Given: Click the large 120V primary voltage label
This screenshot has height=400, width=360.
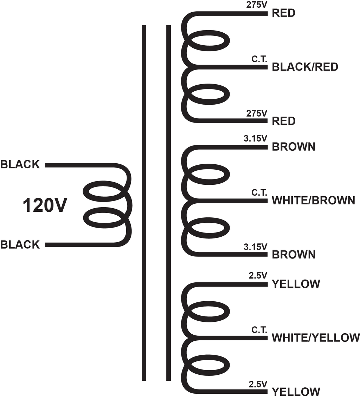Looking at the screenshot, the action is [x=45, y=205].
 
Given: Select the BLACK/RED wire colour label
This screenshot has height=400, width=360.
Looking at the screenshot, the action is [x=305, y=67].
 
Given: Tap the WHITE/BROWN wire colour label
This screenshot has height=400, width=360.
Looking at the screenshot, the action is [x=313, y=201].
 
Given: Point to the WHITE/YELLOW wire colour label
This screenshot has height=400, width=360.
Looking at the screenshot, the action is [x=316, y=337].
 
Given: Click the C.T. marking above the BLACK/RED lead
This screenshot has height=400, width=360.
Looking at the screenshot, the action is [x=259, y=59].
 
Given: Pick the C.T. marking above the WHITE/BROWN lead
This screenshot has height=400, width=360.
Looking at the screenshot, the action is [x=259, y=192].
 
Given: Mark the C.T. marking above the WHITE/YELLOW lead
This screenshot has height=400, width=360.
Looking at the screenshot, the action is [x=259, y=330].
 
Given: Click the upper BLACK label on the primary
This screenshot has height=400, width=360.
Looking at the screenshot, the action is [x=20, y=165].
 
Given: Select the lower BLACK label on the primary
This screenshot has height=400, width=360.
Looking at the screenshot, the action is [x=20, y=245].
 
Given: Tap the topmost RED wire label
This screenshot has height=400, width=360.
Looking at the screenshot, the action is [x=283, y=13].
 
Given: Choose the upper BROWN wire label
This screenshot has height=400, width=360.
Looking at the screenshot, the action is [x=294, y=147].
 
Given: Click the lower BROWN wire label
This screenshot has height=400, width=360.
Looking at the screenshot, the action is [x=294, y=255].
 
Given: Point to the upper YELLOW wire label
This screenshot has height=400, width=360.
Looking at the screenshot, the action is [x=296, y=284].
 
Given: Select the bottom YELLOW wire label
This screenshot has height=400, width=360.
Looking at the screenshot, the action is [x=296, y=392].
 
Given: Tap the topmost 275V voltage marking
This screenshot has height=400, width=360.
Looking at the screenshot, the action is [x=257, y=5].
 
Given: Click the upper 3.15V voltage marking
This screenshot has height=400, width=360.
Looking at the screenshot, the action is [x=255, y=138].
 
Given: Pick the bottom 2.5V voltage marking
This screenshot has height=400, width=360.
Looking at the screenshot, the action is [x=258, y=384].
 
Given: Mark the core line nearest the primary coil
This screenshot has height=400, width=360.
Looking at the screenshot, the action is [x=144, y=203].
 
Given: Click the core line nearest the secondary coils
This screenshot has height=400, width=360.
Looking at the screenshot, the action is [x=168, y=203].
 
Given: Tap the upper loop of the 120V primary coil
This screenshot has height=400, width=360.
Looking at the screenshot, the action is [x=103, y=182].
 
